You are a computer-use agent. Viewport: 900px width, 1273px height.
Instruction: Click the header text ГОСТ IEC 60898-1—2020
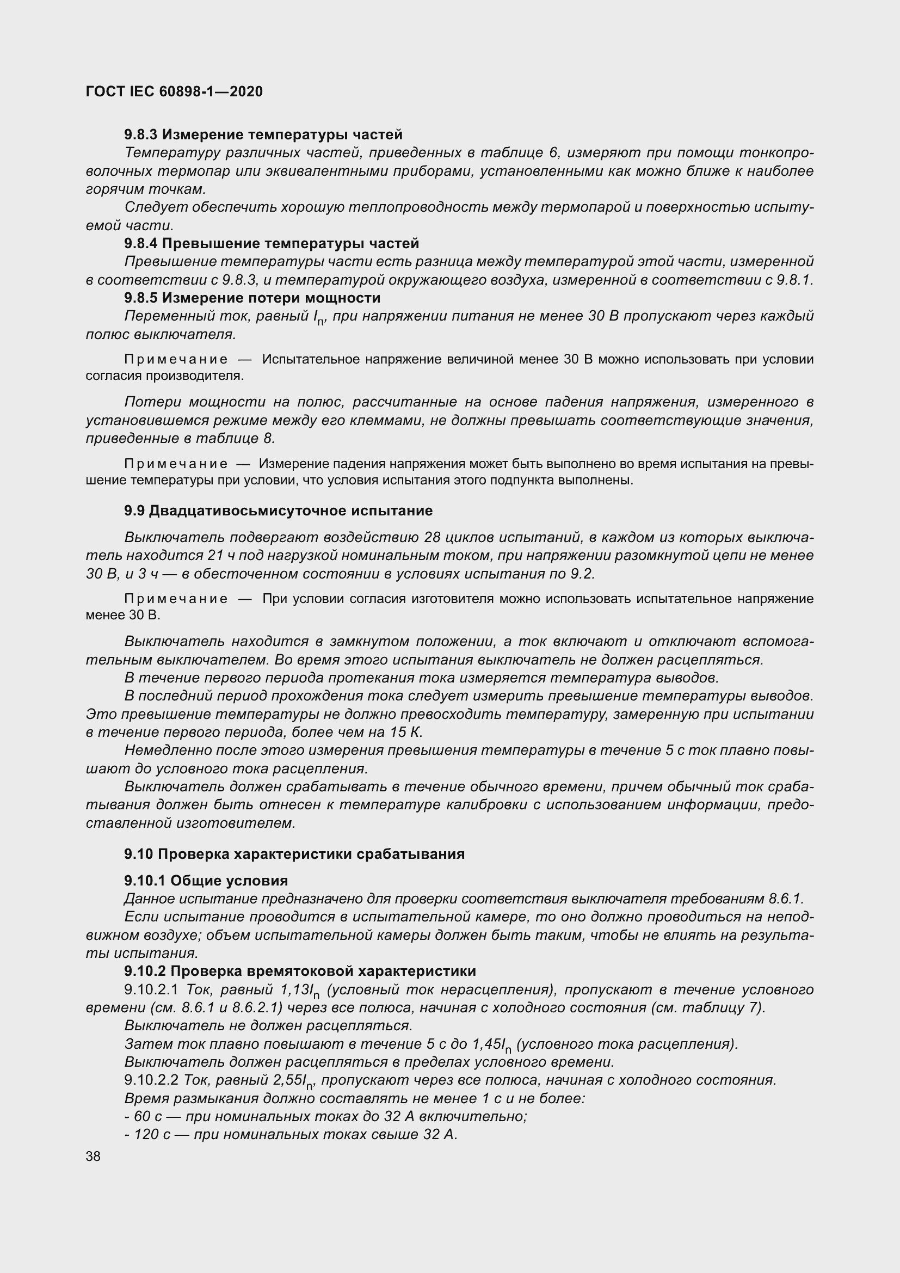(x=174, y=91)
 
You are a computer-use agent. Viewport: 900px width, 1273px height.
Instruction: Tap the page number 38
(x=93, y=1156)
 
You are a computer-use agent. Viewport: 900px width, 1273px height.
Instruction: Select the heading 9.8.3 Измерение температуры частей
(x=263, y=135)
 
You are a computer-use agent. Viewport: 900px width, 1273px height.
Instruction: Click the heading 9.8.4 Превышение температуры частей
(x=272, y=243)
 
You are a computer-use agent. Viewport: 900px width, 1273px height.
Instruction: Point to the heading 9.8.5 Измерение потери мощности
(x=252, y=298)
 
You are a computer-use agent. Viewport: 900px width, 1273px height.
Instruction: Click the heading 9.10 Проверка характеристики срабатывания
(x=294, y=854)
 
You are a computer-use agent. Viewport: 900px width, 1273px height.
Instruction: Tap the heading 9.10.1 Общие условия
(x=206, y=881)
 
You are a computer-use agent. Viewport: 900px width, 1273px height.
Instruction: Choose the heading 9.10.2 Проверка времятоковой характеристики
(x=300, y=971)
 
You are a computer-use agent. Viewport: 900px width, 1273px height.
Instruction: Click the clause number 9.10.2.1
(x=151, y=989)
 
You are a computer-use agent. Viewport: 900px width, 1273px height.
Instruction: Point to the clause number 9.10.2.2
(x=151, y=1080)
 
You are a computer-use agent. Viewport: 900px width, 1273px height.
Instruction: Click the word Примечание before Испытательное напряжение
(x=176, y=360)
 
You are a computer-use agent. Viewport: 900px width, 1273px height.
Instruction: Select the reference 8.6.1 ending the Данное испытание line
(x=785, y=899)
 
